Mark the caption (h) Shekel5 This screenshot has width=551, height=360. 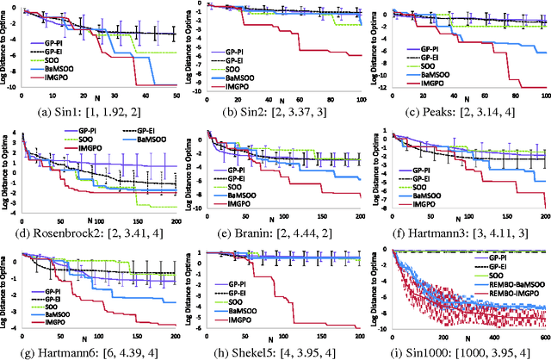[278, 353]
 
